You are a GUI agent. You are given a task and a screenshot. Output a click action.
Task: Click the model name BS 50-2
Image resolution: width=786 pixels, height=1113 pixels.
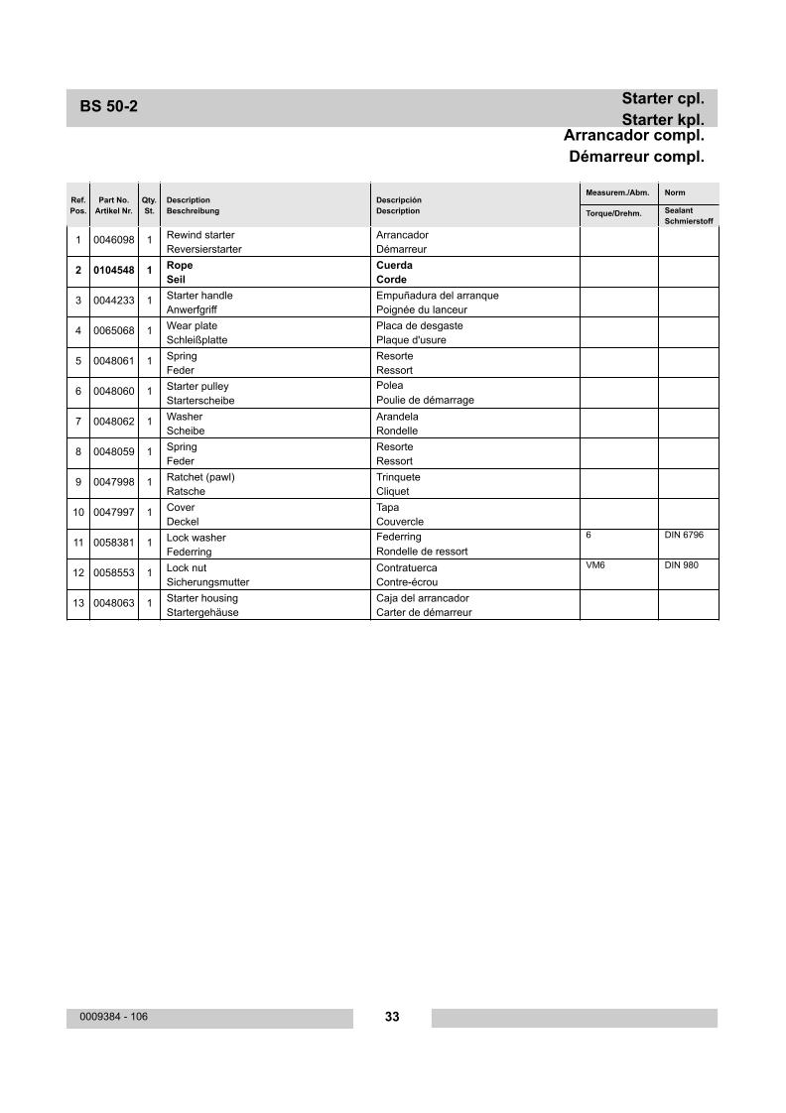(x=108, y=107)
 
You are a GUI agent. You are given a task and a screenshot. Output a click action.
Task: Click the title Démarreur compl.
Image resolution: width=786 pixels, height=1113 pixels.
(x=636, y=157)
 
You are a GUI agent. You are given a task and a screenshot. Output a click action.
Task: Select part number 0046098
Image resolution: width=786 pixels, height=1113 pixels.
(x=113, y=241)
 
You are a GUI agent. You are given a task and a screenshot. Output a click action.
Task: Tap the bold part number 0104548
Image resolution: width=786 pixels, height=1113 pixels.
(x=113, y=271)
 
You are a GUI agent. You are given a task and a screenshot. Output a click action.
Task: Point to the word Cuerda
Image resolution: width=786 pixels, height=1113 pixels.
(x=395, y=265)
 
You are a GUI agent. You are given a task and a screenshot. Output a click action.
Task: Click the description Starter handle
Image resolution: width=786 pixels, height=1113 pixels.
(x=199, y=296)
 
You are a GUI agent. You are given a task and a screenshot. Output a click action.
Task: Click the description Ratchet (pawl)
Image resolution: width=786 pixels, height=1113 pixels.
(x=200, y=477)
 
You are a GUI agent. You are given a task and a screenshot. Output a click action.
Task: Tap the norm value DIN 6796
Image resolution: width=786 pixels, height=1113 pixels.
(x=684, y=535)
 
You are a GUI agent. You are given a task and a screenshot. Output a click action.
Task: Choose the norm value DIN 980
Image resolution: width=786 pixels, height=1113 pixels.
(x=681, y=564)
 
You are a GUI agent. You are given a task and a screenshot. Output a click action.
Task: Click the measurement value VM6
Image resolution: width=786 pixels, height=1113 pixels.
(x=595, y=564)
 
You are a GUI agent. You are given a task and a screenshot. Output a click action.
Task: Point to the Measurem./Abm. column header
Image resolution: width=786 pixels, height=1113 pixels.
(x=617, y=192)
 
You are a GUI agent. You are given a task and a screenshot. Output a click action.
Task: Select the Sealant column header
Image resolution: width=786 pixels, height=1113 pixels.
(x=679, y=210)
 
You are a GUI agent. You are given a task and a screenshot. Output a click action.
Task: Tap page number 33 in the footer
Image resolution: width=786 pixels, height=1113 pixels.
(x=392, y=1017)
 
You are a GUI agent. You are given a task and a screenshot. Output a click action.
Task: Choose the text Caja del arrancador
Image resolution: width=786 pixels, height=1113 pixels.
(x=422, y=598)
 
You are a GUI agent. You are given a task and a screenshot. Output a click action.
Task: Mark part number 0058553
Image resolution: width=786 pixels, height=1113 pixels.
(x=113, y=573)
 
